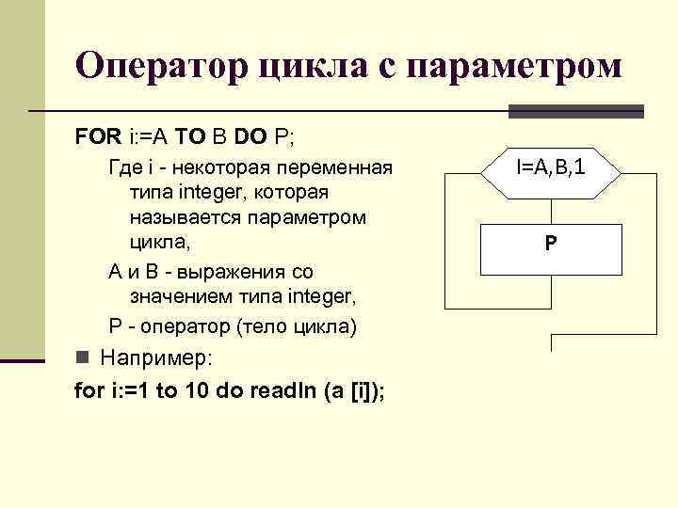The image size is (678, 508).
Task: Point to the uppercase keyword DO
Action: pos(250,137)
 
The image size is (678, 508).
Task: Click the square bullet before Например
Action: pos(82,358)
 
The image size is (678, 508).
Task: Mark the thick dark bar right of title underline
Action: pos(576,111)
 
